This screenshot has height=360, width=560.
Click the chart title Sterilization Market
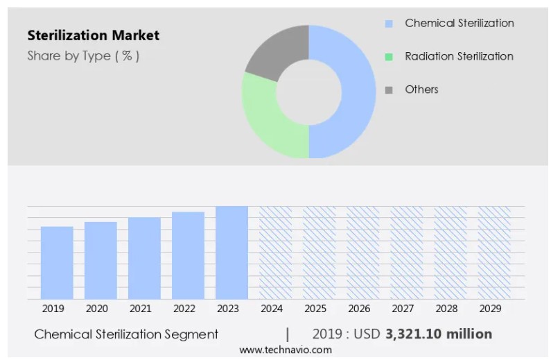pyautogui.click(x=93, y=35)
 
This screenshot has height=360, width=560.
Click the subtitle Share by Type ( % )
pyautogui.click(x=83, y=56)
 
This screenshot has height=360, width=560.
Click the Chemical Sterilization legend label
pyautogui.click(x=459, y=23)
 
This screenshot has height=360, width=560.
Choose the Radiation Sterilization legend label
pyautogui.click(x=459, y=56)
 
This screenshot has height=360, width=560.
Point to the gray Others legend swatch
pyautogui.click(x=389, y=89)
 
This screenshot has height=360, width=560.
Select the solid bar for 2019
pyautogui.click(x=57, y=263)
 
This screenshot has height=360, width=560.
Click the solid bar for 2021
pyautogui.click(x=144, y=258)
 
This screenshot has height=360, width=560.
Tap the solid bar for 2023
pyautogui.click(x=231, y=252)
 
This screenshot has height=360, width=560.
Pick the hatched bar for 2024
pyautogui.click(x=275, y=252)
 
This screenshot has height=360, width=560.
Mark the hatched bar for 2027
pyautogui.click(x=407, y=252)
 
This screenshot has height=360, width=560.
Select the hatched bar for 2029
pyautogui.click(x=494, y=252)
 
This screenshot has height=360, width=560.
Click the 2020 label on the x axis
pyautogui.click(x=97, y=309)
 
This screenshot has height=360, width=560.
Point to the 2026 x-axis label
pyautogui.click(x=359, y=309)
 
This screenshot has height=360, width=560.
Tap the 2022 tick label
pyautogui.click(x=184, y=309)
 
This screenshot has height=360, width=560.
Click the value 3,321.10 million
pyautogui.click(x=438, y=334)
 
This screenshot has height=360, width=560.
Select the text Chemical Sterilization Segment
pyautogui.click(x=126, y=334)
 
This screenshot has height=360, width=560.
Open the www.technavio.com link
pyautogui.click(x=286, y=350)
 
